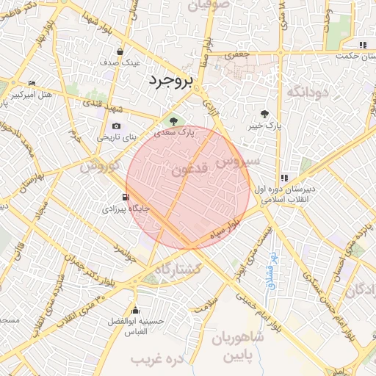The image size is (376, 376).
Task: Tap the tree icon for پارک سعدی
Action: pos(173,120)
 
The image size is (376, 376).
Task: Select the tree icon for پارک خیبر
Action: pos(264,114)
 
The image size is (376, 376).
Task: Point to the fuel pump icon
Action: pos(126,197)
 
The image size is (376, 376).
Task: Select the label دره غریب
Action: pos(156,360)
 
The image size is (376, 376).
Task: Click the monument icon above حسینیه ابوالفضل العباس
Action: pos(134,308)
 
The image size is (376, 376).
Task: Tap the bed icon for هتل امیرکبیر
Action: pos(31,84)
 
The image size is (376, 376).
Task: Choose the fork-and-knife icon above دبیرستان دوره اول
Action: pos(283,178)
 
